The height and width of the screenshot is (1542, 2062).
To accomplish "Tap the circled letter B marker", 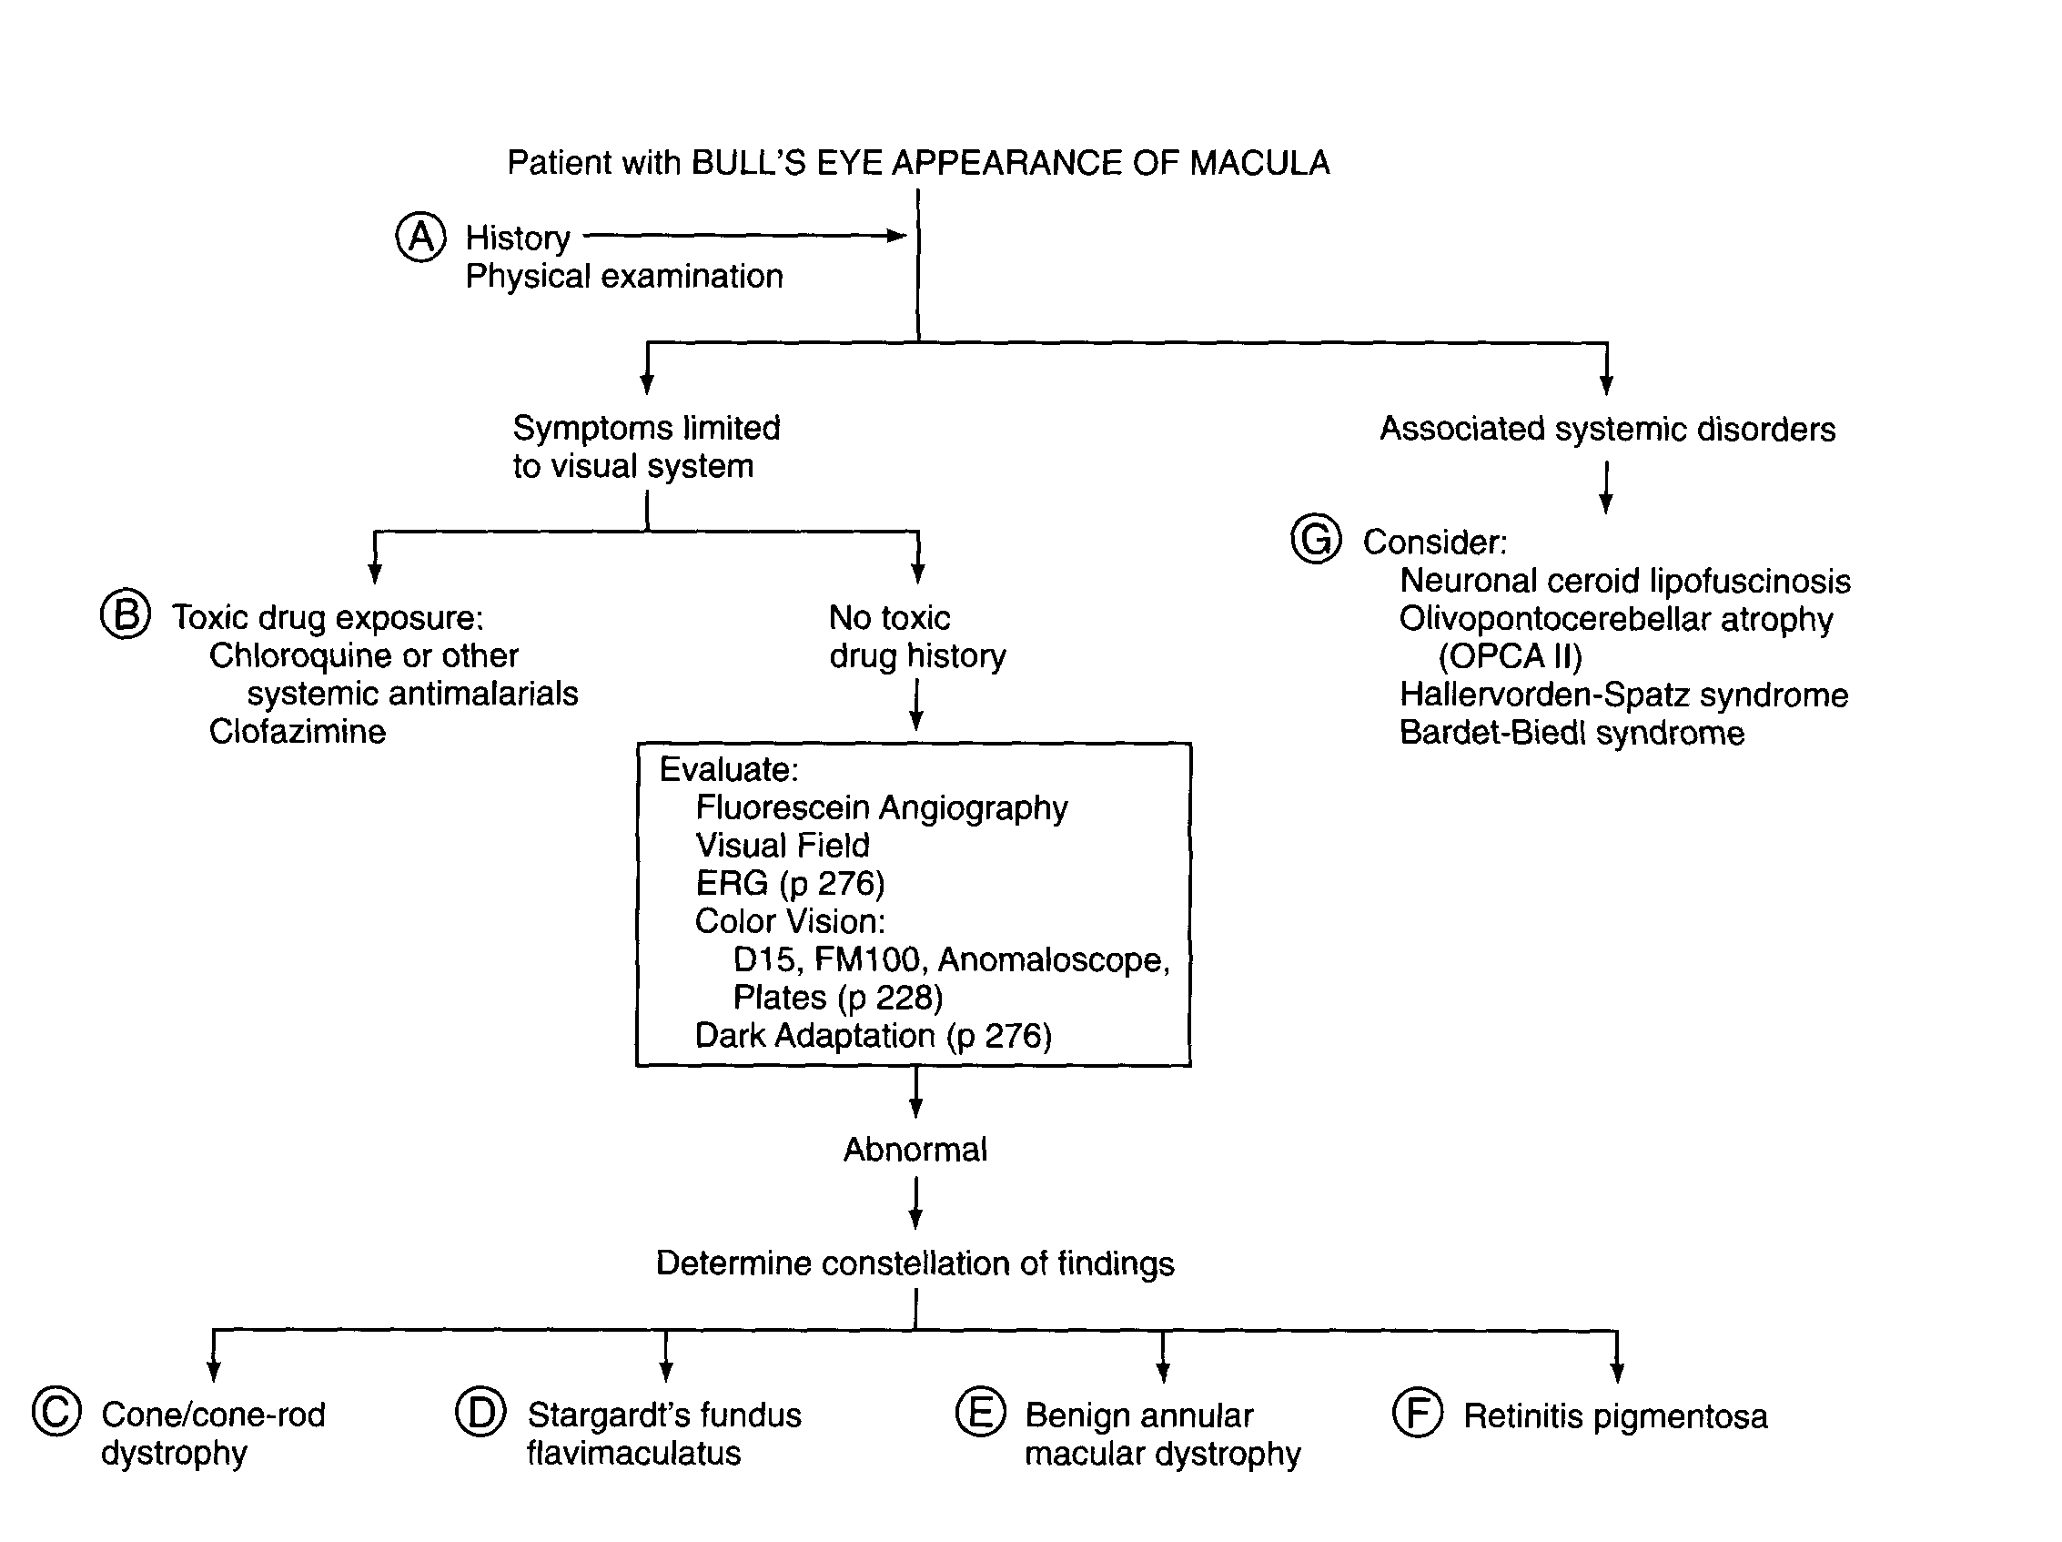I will point(126,614).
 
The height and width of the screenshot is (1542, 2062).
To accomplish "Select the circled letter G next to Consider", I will point(1315,539).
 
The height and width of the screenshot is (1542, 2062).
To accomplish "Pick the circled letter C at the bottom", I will point(56,1412).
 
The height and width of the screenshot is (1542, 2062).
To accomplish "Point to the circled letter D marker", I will point(481,1412).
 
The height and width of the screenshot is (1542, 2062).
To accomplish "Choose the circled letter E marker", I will point(981,1412).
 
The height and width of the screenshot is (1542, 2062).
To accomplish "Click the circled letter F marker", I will point(1417,1413).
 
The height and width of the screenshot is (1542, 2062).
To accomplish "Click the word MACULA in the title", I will point(1259,163).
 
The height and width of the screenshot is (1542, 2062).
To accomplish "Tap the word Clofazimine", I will point(298,732).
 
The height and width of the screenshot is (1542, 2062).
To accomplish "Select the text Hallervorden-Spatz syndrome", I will point(1623,695).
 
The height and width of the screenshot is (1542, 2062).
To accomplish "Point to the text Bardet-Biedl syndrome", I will point(1572,734).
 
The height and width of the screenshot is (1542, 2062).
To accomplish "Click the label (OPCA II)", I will point(1510,657).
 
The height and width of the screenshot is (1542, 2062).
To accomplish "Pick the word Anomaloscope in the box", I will point(1052,959).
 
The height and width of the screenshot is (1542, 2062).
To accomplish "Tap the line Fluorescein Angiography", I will point(881,807).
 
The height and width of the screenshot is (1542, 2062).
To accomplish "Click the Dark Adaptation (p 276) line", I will point(874,1036).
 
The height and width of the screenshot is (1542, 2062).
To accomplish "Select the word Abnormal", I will point(915,1150).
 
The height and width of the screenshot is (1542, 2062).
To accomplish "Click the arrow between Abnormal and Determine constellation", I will point(915,1202).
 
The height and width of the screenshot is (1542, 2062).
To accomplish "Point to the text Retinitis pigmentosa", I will point(1614,1416).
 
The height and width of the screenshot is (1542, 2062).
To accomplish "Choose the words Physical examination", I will point(623,277).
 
